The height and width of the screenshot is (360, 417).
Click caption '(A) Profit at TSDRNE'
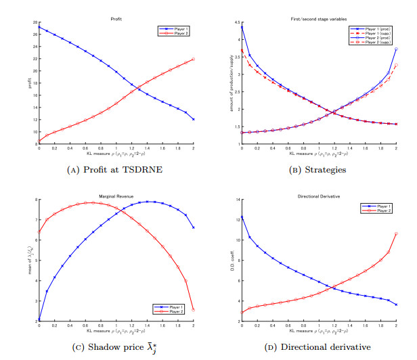116,169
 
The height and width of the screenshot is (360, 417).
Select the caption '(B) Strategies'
319,169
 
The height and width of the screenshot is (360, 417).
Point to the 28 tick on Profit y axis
35,22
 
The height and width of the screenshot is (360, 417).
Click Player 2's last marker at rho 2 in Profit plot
194,60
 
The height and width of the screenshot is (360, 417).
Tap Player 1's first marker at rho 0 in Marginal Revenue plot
39,320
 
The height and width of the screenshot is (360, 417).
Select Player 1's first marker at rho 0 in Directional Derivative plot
242,217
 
